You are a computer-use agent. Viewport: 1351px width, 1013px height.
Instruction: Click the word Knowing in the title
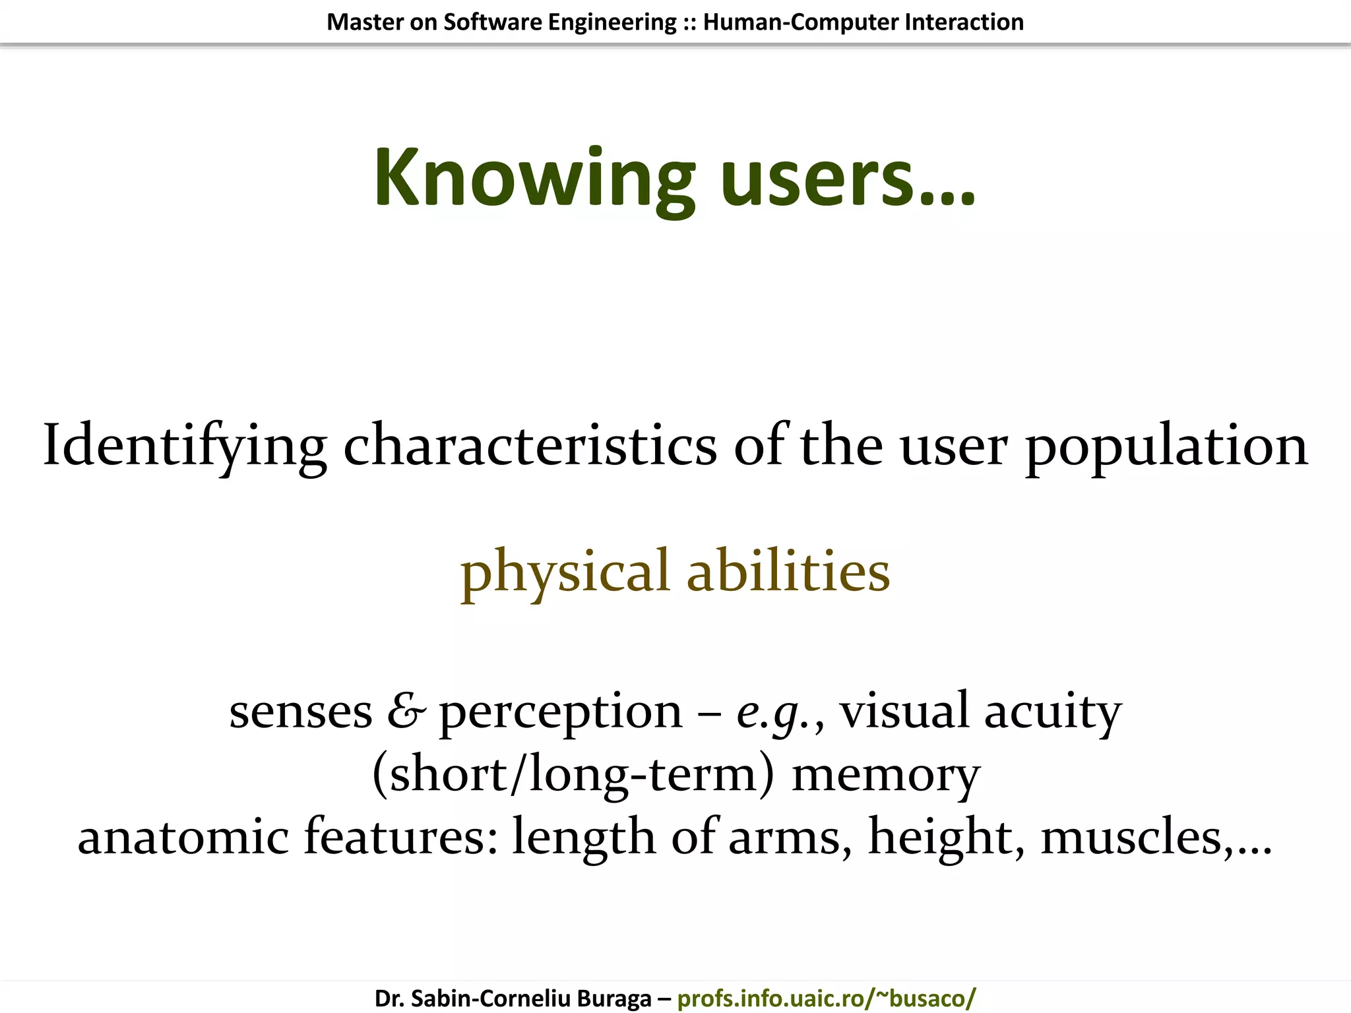(534, 178)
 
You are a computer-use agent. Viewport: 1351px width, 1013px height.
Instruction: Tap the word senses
(301, 712)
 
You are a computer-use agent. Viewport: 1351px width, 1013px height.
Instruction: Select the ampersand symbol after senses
(406, 712)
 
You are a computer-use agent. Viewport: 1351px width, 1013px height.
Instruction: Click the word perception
(561, 712)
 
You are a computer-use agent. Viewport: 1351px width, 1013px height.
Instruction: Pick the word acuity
(1052, 712)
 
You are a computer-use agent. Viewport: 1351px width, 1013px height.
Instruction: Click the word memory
(885, 775)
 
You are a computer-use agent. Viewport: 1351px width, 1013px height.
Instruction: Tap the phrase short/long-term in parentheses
(573, 775)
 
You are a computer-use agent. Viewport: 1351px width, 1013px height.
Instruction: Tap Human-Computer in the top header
(800, 22)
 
